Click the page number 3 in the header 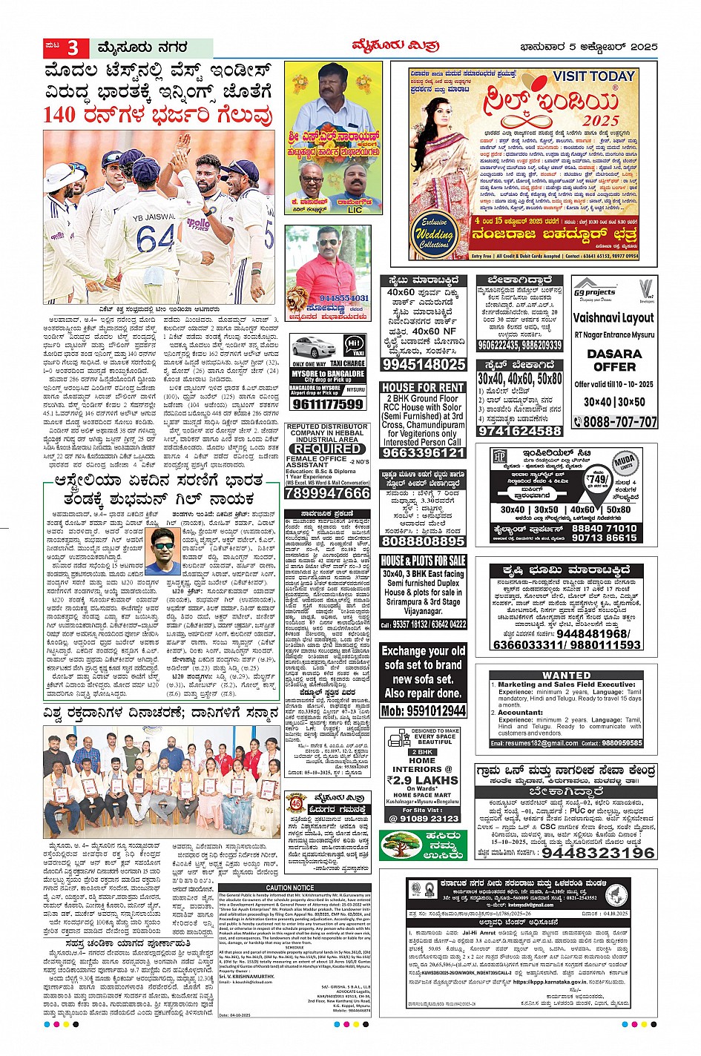73,48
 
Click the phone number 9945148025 424,364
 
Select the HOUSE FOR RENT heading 423,387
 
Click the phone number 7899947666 327,493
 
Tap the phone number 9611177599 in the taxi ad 327,404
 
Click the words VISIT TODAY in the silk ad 593,76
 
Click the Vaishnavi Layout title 613,317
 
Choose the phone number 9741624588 519,431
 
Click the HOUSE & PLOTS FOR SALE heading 423,561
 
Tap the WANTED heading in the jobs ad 567,676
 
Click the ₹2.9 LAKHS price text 422,780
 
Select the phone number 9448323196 598,853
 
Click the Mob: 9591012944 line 423,710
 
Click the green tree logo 401,846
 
